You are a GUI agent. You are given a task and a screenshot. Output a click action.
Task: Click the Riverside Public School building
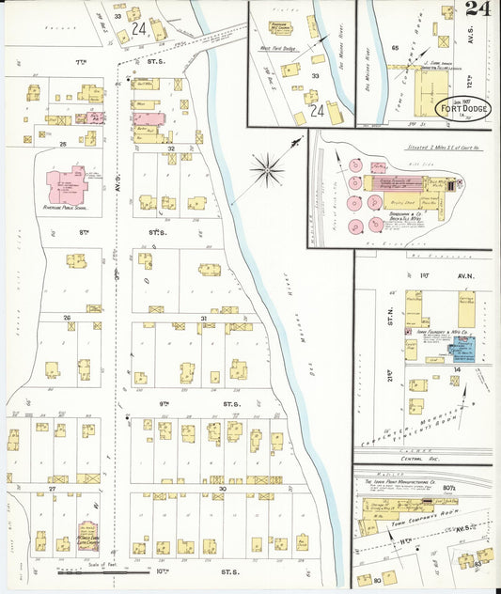tap(67, 185)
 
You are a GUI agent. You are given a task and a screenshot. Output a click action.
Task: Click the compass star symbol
tap(269, 170)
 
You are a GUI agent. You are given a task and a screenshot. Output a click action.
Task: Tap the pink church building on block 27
tap(87, 536)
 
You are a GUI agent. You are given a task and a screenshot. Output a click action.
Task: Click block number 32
tap(170, 148)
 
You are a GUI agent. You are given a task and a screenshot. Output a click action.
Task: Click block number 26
tap(67, 318)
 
